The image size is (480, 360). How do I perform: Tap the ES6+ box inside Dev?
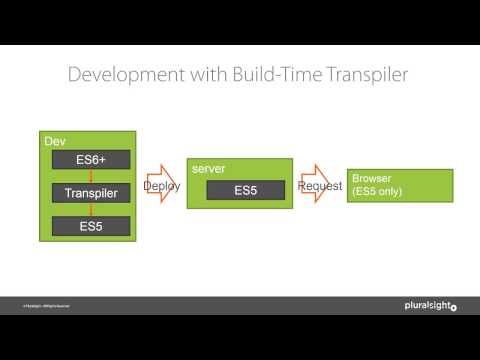[90, 160]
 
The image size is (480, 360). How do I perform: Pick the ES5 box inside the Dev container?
[90, 226]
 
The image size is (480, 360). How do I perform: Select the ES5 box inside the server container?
[245, 190]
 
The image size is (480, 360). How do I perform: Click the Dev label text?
[56, 142]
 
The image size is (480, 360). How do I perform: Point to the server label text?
[207, 171]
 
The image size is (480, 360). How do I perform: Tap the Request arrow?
[319, 186]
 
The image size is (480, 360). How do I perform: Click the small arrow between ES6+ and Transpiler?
[90, 176]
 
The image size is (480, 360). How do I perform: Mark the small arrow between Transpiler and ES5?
[90, 210]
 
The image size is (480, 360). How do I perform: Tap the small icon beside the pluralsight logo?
[453, 305]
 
